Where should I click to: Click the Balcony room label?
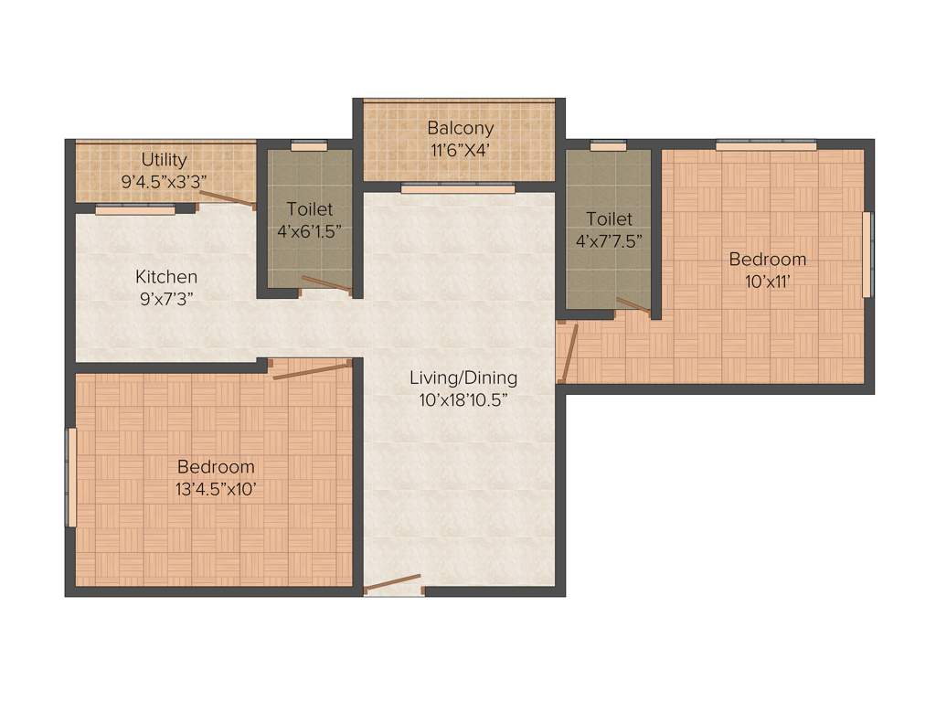pos(460,128)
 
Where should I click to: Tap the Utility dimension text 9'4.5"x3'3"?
pos(165,181)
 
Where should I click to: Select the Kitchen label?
pos(166,276)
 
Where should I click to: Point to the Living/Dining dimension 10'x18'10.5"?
pos(463,399)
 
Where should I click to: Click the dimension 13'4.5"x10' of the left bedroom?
pos(216,488)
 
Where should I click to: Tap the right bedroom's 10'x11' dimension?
pos(767,281)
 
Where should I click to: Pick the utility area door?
pos(228,199)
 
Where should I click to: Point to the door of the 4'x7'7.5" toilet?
pos(633,305)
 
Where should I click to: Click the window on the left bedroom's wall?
pos(70,476)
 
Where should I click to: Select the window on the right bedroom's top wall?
pos(765,144)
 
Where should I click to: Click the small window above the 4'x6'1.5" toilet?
pos(309,144)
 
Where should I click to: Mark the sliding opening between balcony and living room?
pos(457,189)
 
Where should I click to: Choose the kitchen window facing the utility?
pos(134,209)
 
